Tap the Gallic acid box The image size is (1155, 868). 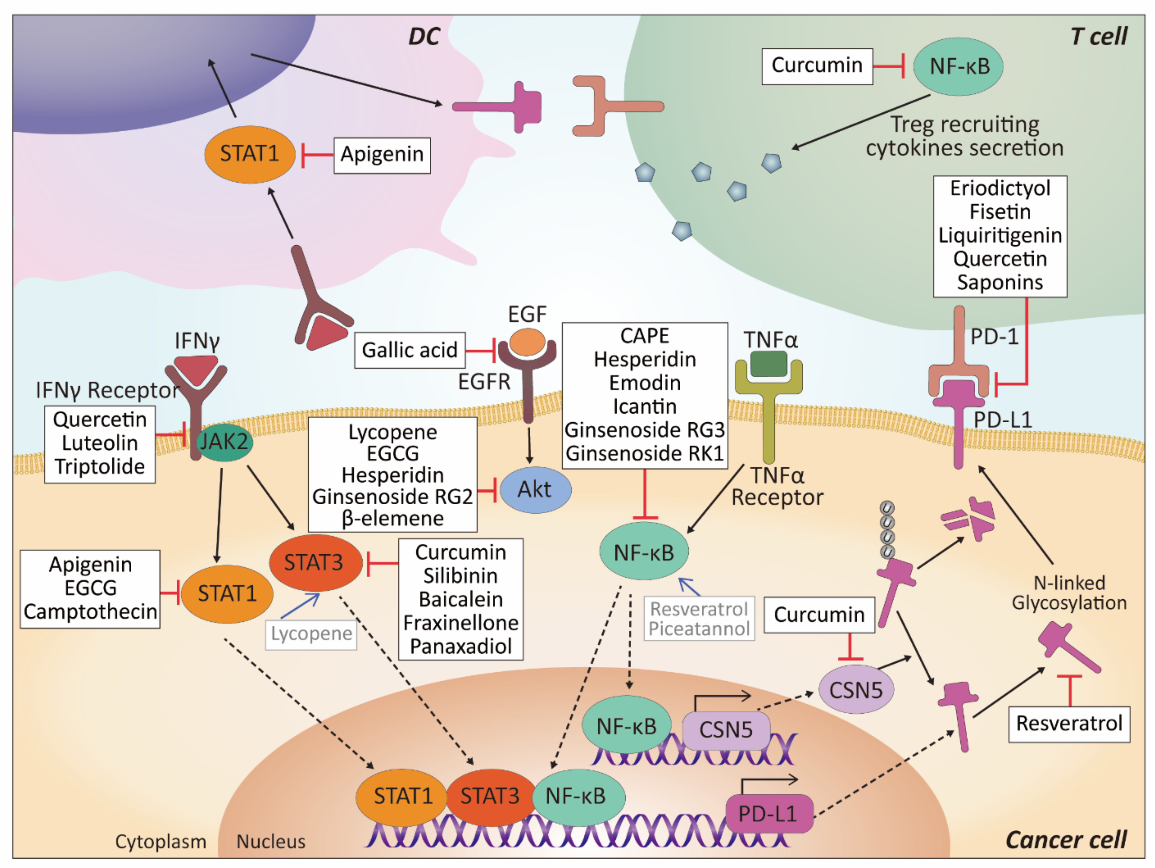pos(410,350)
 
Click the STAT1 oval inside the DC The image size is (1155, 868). pos(250,154)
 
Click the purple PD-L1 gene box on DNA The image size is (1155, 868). pos(769,814)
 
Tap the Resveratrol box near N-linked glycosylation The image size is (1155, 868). pos(1069,724)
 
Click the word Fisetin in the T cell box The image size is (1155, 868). pos(1000,212)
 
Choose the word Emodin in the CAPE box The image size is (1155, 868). pos(645,383)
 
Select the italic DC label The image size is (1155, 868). pos(424,37)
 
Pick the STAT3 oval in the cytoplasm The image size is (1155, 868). pos(315,562)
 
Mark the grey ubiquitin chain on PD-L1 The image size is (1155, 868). pos(887,529)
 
